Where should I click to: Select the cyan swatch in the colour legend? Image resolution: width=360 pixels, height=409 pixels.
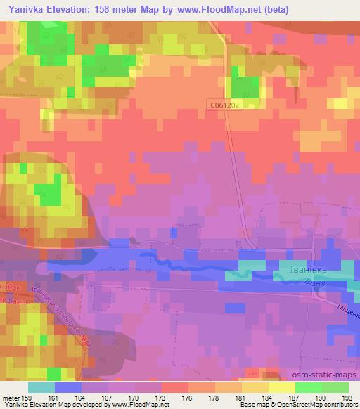(x=41, y=387)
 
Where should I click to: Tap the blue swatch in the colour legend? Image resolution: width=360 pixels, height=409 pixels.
(x=68, y=387)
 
